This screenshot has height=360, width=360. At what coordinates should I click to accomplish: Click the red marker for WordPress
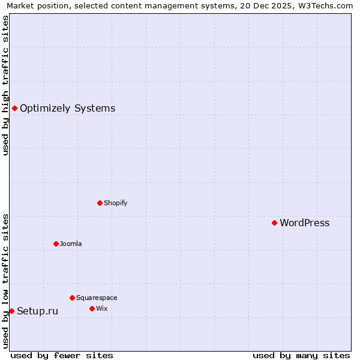(x=274, y=223)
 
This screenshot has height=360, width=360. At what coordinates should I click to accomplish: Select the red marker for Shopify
(x=100, y=203)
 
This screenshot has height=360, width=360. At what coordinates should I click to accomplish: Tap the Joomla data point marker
(x=56, y=244)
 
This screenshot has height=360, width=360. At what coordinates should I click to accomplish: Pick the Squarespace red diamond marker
(x=72, y=298)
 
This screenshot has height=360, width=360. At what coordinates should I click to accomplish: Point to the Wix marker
(x=92, y=308)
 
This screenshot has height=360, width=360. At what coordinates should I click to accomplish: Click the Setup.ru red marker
(x=11, y=311)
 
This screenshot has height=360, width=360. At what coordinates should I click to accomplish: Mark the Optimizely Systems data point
(x=14, y=108)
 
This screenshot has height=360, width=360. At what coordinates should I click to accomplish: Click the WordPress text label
(x=304, y=223)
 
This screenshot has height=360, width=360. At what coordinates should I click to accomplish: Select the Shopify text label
(x=115, y=203)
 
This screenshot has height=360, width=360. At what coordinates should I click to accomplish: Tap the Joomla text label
(x=71, y=244)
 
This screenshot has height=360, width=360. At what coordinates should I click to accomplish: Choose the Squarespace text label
(x=97, y=298)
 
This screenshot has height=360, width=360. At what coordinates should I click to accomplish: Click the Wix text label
(x=101, y=308)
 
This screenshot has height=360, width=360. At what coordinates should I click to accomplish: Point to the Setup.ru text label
(x=37, y=311)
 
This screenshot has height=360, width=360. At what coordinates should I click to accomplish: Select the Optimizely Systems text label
(x=67, y=109)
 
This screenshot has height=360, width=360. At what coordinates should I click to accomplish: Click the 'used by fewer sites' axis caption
(x=62, y=355)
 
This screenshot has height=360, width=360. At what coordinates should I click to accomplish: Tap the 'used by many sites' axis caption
(x=301, y=355)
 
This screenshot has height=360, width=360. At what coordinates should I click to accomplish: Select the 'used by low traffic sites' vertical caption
(x=5, y=281)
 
